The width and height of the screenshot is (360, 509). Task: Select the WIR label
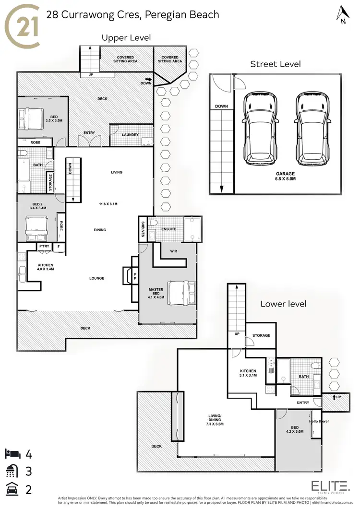tap(174, 250)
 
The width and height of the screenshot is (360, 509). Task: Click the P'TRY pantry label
tap(44, 247)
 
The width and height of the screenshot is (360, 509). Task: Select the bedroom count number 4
tap(29, 453)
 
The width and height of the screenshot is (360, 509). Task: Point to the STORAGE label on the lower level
tap(261, 336)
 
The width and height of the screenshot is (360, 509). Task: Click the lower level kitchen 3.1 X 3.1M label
tap(248, 374)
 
